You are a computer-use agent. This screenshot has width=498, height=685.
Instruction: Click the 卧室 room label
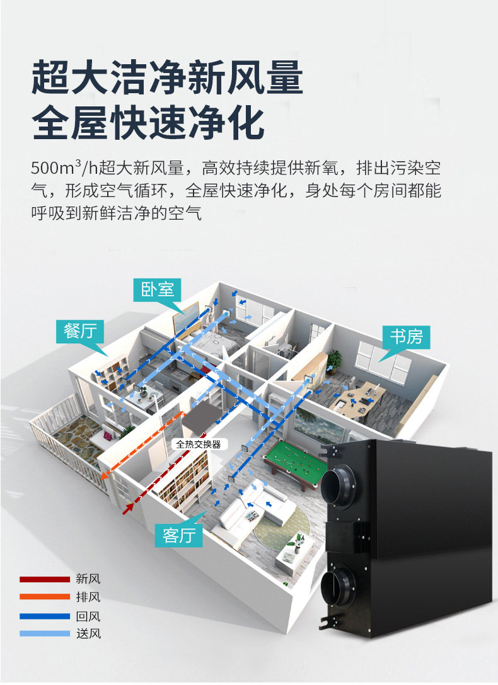click(157, 290)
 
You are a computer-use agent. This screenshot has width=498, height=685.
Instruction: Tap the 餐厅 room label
click(80, 330)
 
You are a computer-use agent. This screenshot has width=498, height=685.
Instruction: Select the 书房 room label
click(406, 337)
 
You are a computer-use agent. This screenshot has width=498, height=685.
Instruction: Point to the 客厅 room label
click(179, 535)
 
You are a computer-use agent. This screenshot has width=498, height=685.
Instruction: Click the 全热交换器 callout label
click(198, 444)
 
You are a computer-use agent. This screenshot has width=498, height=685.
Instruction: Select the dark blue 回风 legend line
click(44, 616)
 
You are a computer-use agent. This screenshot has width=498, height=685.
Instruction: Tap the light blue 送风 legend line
click(44, 633)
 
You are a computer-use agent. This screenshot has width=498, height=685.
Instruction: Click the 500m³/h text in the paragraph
click(57, 169)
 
